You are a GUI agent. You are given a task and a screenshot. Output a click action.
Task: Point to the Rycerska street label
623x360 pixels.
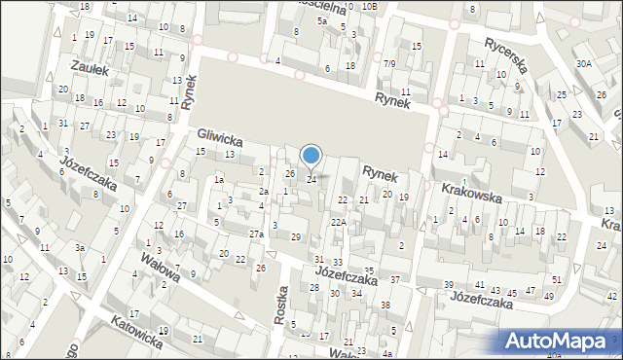point(505,54)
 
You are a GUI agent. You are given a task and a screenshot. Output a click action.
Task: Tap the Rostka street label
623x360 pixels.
point(283,306)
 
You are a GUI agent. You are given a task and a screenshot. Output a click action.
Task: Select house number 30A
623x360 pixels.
point(583,63)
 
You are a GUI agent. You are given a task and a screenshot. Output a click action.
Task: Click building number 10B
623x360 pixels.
point(369,6)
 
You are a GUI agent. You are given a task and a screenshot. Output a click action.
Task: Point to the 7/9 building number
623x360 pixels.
point(389,64)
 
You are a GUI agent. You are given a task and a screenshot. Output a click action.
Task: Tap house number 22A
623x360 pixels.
point(338,223)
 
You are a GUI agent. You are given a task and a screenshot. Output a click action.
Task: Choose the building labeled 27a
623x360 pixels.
point(256,234)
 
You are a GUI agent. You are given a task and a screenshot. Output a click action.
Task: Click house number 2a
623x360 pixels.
point(263,192)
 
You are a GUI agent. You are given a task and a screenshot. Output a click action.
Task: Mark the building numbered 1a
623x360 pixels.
point(220,179)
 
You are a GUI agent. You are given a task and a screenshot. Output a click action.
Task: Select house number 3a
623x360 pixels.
point(83,248)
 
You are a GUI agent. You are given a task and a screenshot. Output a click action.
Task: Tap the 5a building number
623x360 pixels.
point(321,20)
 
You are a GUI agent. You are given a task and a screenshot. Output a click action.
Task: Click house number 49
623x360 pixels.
point(549,296)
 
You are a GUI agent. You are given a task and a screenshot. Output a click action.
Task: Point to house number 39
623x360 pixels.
point(449,284)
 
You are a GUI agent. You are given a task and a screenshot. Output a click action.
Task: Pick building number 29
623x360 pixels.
point(296,238)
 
